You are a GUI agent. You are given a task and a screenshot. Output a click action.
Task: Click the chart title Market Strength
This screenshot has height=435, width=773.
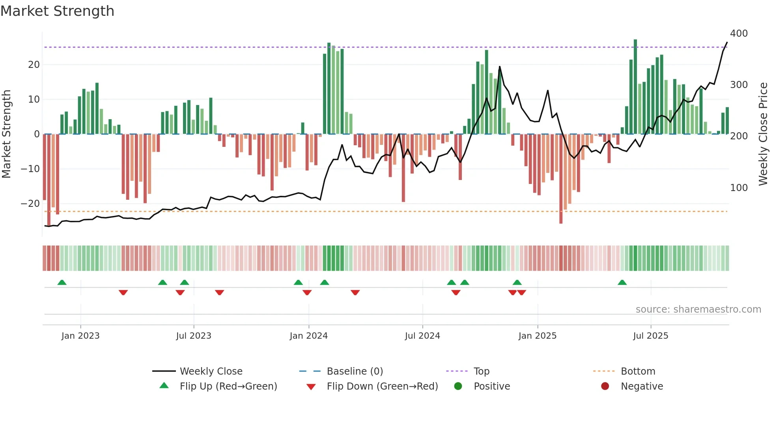58,11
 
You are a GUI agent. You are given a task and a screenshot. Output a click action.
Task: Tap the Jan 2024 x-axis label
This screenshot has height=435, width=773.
308,336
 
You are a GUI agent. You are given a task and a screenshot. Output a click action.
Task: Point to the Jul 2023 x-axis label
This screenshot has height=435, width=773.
194,336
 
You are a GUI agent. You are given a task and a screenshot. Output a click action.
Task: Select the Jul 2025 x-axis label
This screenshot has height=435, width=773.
651,336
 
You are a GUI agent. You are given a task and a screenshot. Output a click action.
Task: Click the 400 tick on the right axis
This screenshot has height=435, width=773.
739,34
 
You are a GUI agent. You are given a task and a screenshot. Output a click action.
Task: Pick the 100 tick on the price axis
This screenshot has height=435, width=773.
739,188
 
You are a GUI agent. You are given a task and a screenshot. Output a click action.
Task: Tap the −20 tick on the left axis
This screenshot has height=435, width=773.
30,204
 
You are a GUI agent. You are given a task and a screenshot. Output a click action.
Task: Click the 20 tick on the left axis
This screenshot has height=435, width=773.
34,65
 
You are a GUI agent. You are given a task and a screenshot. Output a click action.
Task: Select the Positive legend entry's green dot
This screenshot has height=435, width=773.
458,386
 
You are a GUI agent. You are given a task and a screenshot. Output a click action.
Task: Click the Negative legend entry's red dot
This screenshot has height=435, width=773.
605,386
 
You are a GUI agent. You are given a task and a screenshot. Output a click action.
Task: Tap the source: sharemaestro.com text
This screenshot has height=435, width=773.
698,309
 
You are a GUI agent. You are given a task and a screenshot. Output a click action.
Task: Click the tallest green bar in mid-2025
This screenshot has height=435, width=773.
635,87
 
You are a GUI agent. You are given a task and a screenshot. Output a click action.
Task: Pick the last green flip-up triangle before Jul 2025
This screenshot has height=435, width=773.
622,283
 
